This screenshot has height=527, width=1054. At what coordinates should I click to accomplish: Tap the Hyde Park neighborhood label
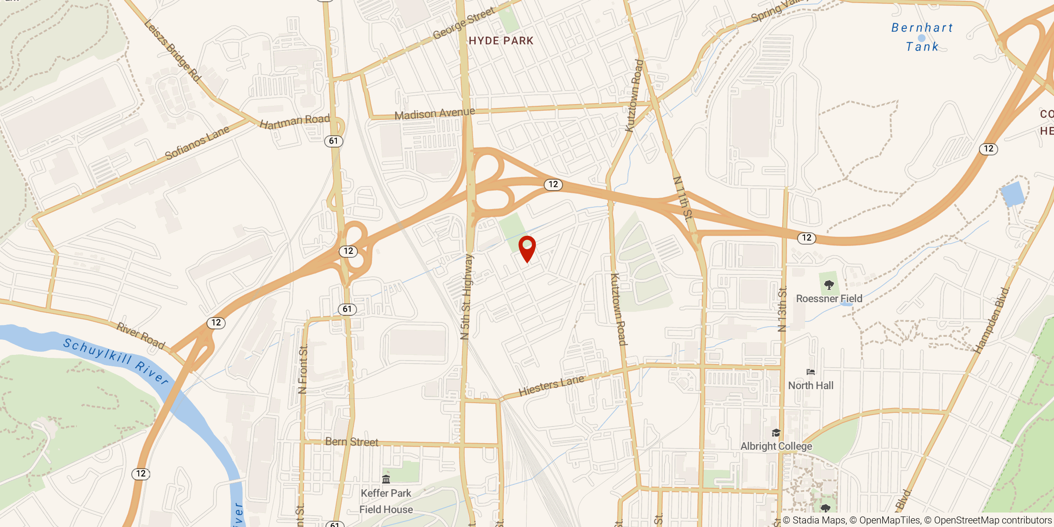(501, 41)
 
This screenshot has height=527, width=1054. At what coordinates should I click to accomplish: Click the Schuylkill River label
(116, 361)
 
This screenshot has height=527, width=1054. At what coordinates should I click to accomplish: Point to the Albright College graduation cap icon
(776, 433)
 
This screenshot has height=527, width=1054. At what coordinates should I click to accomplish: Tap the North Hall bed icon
(811, 372)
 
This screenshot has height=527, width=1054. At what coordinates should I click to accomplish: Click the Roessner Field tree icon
(829, 285)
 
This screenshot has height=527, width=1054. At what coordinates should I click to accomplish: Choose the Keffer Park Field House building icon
(386, 479)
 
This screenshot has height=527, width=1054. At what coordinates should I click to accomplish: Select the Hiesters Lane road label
(551, 385)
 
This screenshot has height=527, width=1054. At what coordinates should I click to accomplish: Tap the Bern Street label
(351, 442)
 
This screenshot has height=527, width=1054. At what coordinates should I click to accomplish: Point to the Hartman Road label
(295, 121)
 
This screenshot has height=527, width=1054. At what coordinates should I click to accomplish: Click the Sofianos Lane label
(197, 143)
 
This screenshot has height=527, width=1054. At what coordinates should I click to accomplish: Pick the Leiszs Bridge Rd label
(173, 51)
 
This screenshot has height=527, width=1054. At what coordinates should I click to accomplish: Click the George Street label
(464, 23)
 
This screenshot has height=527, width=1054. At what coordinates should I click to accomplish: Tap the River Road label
(141, 336)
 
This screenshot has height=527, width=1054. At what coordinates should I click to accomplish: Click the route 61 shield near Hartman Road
(333, 141)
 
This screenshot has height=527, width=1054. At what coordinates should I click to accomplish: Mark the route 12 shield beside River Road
(216, 323)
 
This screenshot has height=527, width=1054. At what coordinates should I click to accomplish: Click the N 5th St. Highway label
(467, 297)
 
